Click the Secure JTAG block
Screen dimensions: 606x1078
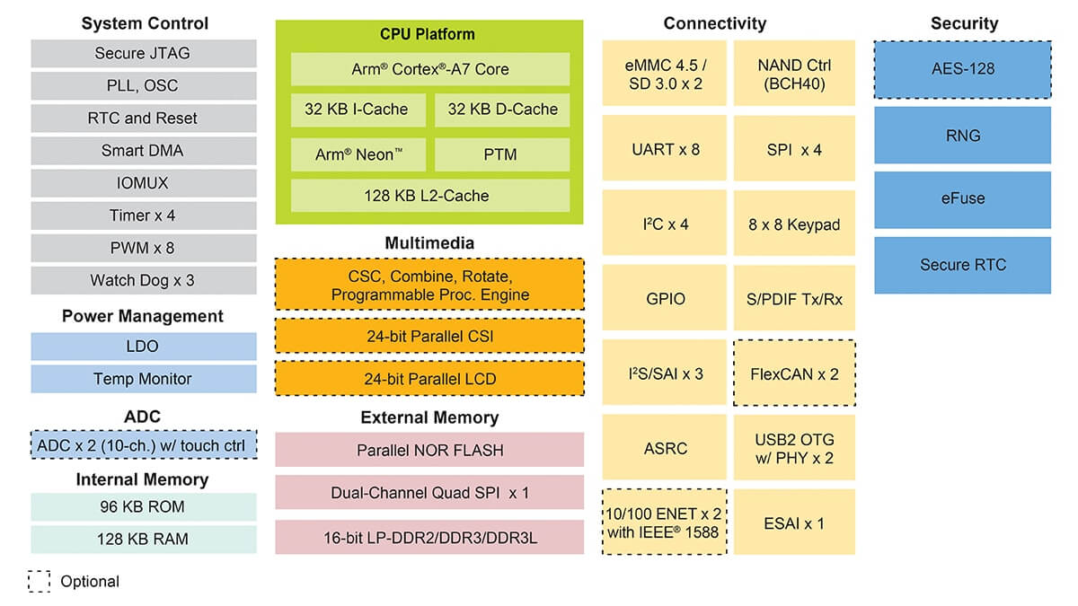pyautogui.click(x=143, y=54)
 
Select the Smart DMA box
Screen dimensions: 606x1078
pyautogui.click(x=143, y=151)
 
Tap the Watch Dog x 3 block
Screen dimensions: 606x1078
pyautogui.click(x=143, y=280)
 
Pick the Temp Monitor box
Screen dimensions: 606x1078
pyautogui.click(x=143, y=379)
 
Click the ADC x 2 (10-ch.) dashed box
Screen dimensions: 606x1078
pyautogui.click(x=143, y=444)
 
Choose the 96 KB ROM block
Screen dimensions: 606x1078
pyautogui.click(x=143, y=507)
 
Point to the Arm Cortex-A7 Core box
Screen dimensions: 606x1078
pyautogui.click(x=429, y=69)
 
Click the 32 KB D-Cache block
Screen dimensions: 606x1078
pyautogui.click(x=502, y=110)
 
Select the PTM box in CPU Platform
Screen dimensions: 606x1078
pyautogui.click(x=502, y=154)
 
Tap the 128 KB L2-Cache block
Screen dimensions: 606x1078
pyautogui.click(x=429, y=196)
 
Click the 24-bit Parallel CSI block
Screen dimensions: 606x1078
pyautogui.click(x=429, y=336)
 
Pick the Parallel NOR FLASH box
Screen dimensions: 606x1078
pyautogui.click(x=429, y=450)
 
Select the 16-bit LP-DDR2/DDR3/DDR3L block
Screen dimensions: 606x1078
pyautogui.click(x=429, y=538)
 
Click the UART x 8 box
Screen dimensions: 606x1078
pyautogui.click(x=665, y=149)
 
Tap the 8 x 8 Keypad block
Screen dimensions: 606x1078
pyautogui.click(x=794, y=224)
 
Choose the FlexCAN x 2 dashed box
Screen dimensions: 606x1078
pyautogui.click(x=794, y=373)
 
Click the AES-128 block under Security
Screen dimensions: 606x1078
pyautogui.click(x=962, y=69)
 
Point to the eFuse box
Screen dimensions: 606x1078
pyautogui.click(x=962, y=199)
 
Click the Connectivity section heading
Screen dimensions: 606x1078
pyautogui.click(x=714, y=23)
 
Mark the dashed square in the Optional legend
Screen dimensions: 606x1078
pyautogui.click(x=39, y=581)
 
